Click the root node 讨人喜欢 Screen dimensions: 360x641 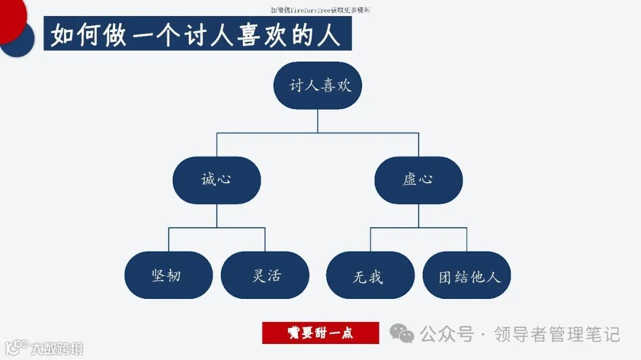click(318, 85)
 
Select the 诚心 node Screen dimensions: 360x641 click(217, 180)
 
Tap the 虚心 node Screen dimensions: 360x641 click(418, 180)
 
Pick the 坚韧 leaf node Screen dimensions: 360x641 click(168, 275)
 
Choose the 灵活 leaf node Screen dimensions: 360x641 click(265, 275)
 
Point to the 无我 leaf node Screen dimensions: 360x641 click(370, 275)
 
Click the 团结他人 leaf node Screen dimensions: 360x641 click(467, 275)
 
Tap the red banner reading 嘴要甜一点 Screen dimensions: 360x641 click(320, 333)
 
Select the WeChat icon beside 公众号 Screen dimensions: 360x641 click(402, 333)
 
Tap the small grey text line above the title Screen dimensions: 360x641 click(320, 10)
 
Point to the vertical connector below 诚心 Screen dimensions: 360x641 click(217, 215)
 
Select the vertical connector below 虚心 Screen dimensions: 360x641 click(418, 215)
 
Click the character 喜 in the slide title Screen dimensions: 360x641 click(240, 34)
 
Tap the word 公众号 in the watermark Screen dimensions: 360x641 click(446, 334)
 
